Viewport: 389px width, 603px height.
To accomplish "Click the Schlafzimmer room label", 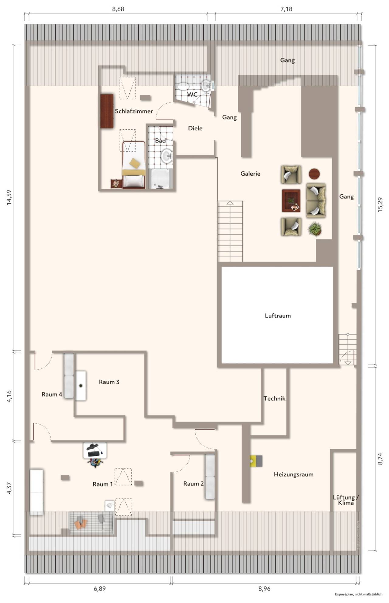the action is (134, 111).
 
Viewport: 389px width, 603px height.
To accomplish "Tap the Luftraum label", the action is (278, 316).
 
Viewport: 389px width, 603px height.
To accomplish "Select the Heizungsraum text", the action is (294, 475).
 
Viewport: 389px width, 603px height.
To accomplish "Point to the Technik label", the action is (274, 399).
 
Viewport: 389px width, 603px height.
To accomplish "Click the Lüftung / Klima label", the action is (346, 500).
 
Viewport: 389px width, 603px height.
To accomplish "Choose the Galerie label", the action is (250, 174).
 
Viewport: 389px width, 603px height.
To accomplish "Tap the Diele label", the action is (195, 128).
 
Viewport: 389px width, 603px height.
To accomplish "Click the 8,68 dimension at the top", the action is (118, 9).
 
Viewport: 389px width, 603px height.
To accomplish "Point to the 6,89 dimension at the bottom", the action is (100, 588).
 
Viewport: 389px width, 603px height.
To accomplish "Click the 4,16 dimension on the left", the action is (9, 396).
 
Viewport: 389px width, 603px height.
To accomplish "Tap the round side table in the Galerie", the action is (314, 174).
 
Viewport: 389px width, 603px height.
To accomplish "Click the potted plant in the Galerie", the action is (315, 229).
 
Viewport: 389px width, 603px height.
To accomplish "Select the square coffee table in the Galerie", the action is (291, 201).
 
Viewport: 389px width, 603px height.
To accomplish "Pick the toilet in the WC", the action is (183, 86).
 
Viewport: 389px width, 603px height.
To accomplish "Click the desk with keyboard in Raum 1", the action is (95, 450).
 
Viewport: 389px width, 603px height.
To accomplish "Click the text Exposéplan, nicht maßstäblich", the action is (359, 594).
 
